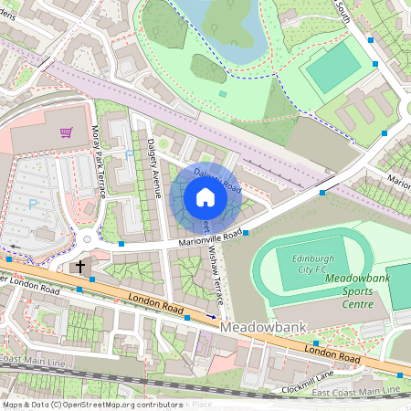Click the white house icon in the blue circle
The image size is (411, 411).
click(x=205, y=197)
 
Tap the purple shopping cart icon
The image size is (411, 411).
click(x=67, y=132)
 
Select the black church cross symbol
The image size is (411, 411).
click(x=80, y=267)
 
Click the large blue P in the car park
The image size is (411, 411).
click(x=34, y=204)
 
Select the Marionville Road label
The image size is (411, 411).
click(x=210, y=238)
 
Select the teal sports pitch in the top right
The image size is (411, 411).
click(x=332, y=66)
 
